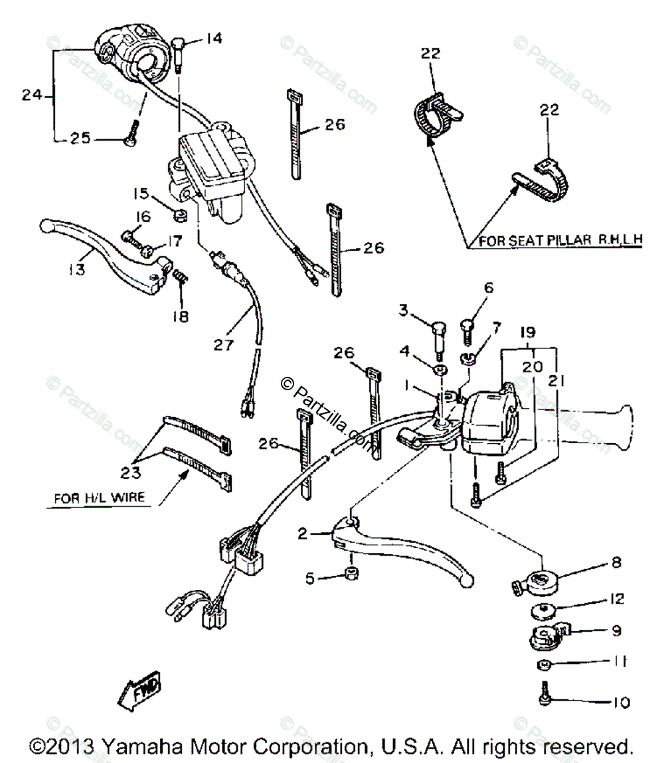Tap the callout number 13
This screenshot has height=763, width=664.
(x=78, y=271)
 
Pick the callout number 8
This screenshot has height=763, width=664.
(x=616, y=563)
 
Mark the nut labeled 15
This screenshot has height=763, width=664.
(x=179, y=216)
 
